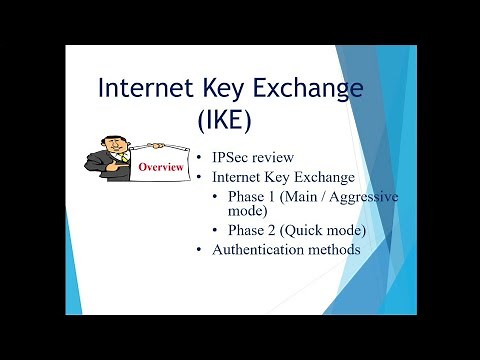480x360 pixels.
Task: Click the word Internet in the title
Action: pos(150,90)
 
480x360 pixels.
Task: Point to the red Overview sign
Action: pos(161,167)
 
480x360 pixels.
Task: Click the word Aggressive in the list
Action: pos(362,195)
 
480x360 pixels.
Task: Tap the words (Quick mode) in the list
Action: pos(323,231)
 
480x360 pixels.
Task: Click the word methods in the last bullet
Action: pos(332,249)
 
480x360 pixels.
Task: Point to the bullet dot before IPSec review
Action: pos(201,159)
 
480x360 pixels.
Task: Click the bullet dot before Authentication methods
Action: pos(201,250)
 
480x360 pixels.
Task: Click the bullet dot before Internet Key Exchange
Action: pos(201,177)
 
